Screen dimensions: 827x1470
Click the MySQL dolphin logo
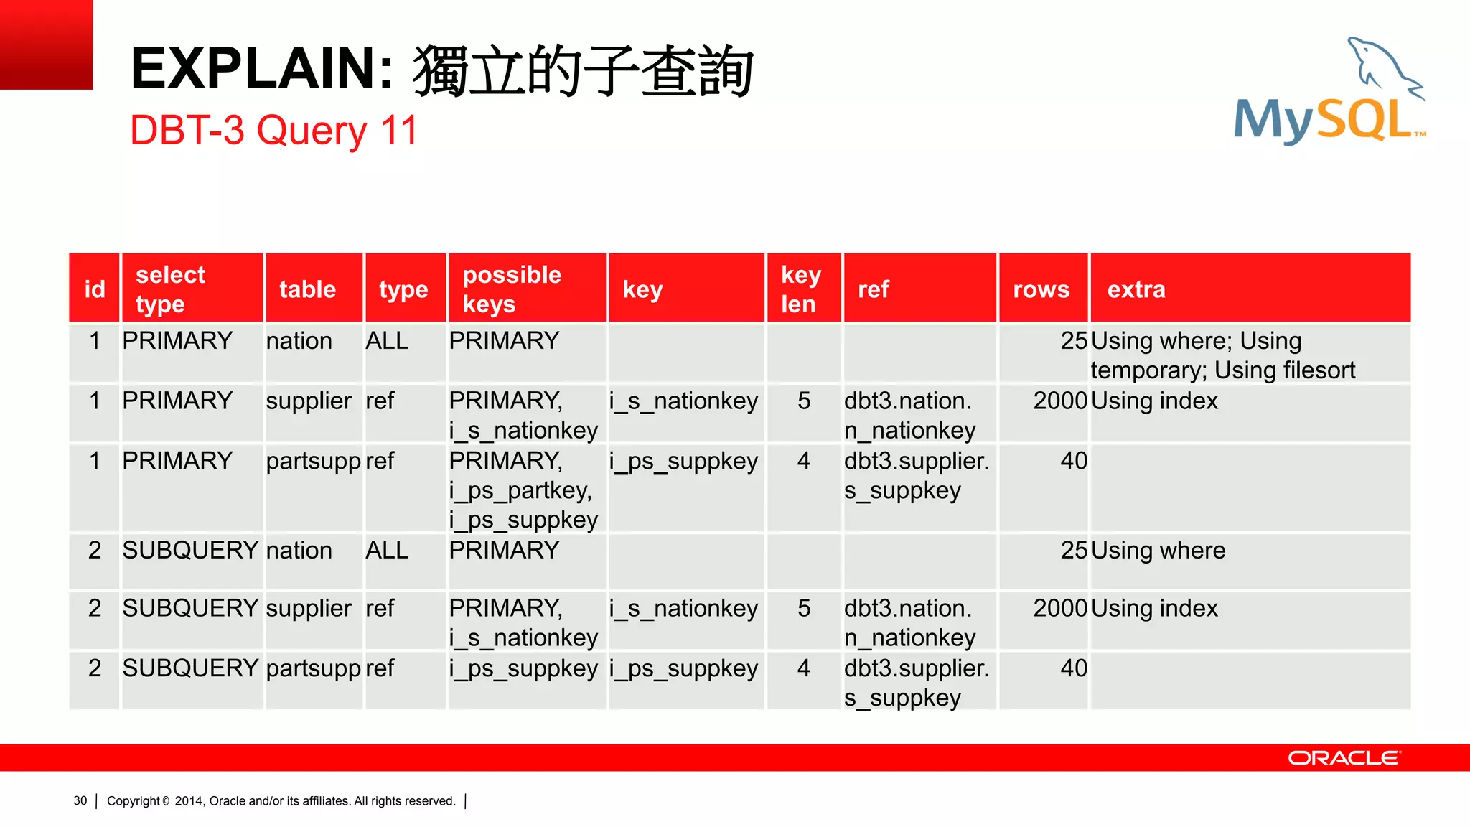point(1329,93)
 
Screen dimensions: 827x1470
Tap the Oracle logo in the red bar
point(1344,758)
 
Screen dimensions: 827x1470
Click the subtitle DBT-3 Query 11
point(273,131)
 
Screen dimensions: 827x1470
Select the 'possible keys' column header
point(512,289)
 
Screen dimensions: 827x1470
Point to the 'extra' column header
point(1136,289)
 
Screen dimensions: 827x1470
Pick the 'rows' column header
point(1041,289)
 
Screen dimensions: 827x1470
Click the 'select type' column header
point(170,289)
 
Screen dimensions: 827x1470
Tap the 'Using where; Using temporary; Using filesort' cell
point(1222,355)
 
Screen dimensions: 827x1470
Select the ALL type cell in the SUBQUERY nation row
point(387,551)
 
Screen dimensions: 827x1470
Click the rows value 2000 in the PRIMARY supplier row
point(1059,401)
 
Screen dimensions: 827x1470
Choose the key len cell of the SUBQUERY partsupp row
point(803,668)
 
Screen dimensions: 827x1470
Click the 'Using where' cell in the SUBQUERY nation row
point(1158,551)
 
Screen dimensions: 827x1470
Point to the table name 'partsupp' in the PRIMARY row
point(313,461)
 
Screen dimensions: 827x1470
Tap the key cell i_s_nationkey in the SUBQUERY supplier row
point(683,609)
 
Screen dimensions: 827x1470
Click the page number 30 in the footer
point(80,801)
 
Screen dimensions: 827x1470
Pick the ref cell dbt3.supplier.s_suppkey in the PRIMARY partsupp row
point(916,475)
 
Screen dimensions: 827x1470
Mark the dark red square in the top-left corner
point(46,45)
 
